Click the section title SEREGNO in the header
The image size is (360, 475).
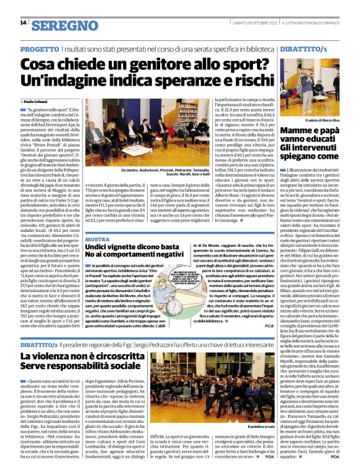pyautogui.click(x=58, y=25)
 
